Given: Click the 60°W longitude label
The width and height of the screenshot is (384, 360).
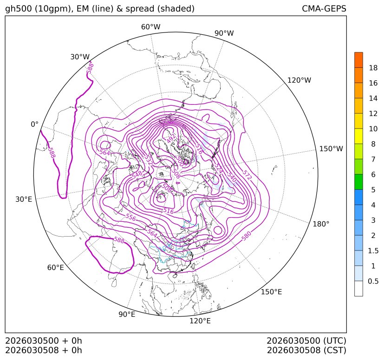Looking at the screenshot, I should point(150,27).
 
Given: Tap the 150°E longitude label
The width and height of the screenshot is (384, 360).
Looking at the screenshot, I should point(272,292).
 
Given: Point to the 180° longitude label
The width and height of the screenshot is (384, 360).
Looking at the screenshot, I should point(321,224).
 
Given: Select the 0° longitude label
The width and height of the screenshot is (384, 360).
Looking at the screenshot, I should point(34,124).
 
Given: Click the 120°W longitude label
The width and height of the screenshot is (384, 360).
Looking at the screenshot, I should point(299,80).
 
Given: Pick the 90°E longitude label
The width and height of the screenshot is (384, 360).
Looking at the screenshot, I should point(127,315).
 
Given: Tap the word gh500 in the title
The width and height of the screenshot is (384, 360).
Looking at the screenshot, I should point(17,9).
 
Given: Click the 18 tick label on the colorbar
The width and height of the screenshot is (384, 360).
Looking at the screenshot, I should point(373,68).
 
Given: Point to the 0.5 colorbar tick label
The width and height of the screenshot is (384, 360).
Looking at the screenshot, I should point(373,281).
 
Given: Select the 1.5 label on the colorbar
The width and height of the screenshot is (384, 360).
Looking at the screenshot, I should point(373,251).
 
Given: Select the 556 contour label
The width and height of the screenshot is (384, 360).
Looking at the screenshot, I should point(131,217).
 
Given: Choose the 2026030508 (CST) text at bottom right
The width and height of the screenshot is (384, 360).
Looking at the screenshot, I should point(306,350).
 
